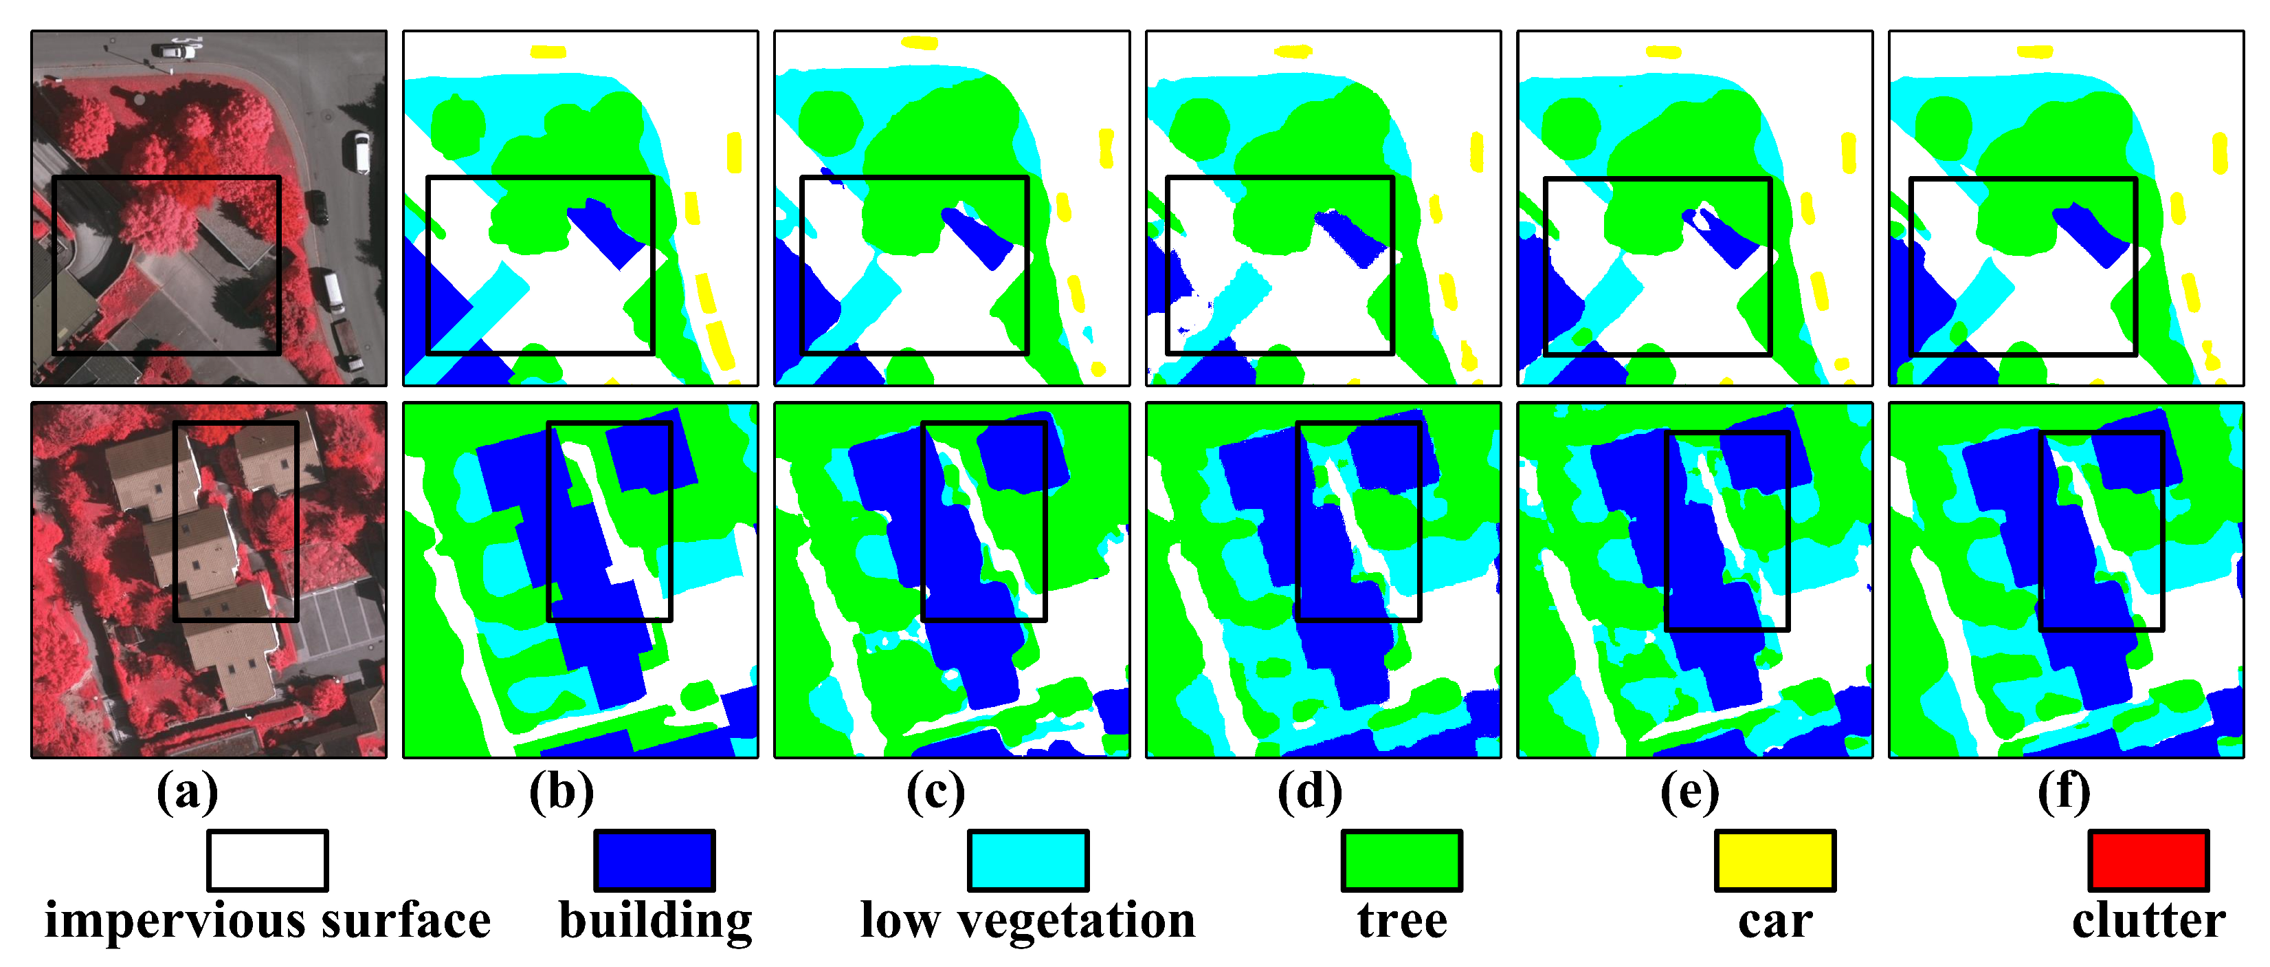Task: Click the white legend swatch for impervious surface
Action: (x=268, y=860)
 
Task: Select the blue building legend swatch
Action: (x=655, y=860)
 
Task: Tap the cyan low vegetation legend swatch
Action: (x=1028, y=860)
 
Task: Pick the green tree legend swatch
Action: (x=1402, y=860)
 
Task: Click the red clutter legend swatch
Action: (x=2148, y=860)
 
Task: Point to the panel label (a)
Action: (x=187, y=792)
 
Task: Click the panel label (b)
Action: (x=561, y=792)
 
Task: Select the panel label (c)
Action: (x=936, y=792)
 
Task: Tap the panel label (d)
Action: (x=1311, y=792)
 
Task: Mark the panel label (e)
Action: (x=1689, y=792)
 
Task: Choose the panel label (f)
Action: (x=2064, y=792)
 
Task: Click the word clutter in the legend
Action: (x=2148, y=921)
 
